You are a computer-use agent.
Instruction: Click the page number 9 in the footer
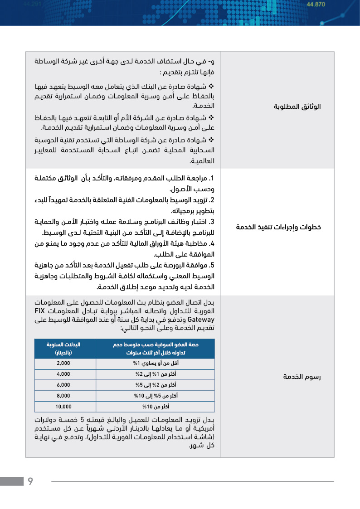(30, 481)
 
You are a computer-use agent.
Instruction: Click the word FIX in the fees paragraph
(42, 311)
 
